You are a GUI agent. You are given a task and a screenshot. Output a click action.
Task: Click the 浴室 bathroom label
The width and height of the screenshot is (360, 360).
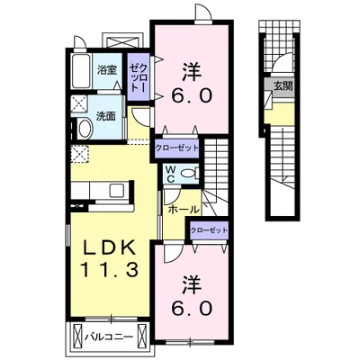point(107,71)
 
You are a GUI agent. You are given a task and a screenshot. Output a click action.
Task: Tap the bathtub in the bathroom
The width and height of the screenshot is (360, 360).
point(81,71)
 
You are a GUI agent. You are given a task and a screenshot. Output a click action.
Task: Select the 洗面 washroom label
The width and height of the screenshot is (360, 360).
point(105,116)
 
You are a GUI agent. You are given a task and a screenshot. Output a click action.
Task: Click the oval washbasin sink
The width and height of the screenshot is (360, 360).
point(85,129)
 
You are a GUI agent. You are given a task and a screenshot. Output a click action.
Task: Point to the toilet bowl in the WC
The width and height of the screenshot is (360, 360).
point(190,173)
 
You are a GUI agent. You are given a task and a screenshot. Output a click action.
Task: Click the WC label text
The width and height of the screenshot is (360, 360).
point(171,175)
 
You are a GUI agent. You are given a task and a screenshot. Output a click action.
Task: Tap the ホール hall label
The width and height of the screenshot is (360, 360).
point(184,210)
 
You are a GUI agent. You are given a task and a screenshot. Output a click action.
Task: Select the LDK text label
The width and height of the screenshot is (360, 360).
point(109,249)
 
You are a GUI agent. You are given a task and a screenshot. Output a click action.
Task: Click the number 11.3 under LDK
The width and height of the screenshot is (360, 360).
point(109,269)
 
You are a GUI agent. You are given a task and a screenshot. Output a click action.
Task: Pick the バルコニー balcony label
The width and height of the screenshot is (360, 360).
point(108,337)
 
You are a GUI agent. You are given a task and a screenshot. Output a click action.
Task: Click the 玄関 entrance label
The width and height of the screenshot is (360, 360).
point(283,86)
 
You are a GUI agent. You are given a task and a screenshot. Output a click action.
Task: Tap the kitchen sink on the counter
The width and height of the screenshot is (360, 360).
point(117,190)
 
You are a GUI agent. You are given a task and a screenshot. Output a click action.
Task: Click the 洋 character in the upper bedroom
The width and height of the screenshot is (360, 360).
point(192,71)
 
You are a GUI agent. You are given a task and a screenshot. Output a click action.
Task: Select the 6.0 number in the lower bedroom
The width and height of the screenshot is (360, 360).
point(192,308)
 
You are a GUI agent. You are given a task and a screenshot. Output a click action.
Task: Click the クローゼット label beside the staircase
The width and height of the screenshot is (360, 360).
point(176,148)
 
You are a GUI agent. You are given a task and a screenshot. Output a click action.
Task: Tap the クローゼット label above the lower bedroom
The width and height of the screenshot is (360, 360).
point(209,230)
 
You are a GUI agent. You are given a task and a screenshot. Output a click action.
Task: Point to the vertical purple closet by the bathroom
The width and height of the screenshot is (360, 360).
point(139,77)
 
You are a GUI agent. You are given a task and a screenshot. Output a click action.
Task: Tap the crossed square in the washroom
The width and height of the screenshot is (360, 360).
point(78,105)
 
